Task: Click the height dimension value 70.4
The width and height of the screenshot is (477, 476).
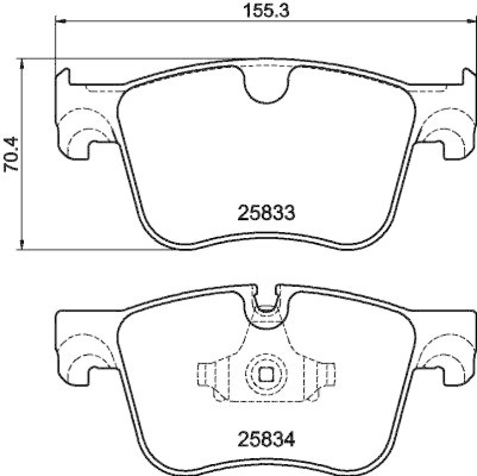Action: pyautogui.click(x=12, y=154)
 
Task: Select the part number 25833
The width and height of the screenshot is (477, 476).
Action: pyautogui.click(x=267, y=213)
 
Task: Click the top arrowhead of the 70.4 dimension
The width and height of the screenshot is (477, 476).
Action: pyautogui.click(x=22, y=62)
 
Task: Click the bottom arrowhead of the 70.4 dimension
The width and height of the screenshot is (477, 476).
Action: pyautogui.click(x=22, y=245)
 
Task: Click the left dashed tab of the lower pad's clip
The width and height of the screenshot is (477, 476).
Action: pyautogui.click(x=205, y=375)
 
